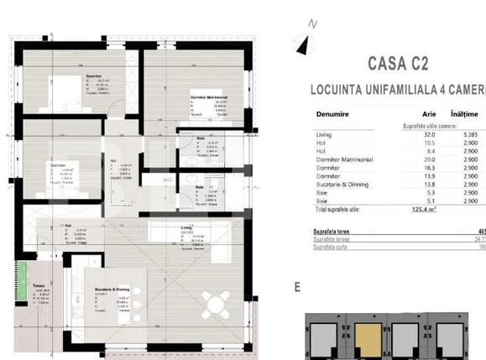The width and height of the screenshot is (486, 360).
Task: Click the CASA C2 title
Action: pos(401,62)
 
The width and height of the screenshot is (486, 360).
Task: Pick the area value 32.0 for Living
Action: pos(430,133)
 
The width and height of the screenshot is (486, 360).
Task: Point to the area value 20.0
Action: pos(430,159)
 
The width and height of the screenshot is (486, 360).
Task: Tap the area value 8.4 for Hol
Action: pos(431,150)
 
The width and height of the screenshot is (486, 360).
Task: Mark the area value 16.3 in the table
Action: pos(430,167)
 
